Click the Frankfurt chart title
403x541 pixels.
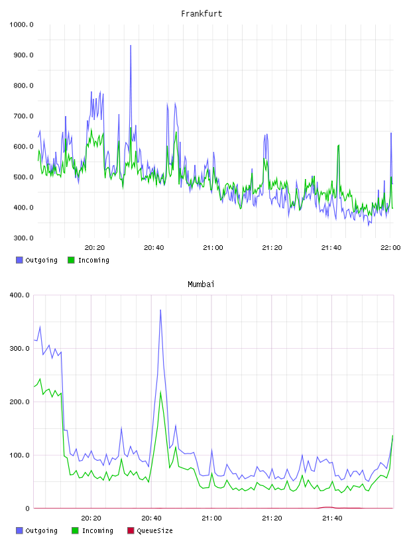pyautogui.click(x=201, y=14)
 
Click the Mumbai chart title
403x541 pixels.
pyautogui.click(x=201, y=284)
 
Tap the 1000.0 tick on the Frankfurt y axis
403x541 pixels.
pyautogui.click(x=21, y=25)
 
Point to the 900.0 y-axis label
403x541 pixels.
pyautogui.click(x=23, y=55)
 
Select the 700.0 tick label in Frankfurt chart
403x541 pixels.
pyautogui.click(x=23, y=116)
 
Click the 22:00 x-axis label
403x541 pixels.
pyautogui.click(x=390, y=248)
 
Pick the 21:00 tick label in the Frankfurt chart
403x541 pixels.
pyautogui.click(x=213, y=248)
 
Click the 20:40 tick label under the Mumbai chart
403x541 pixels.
pyautogui.click(x=152, y=518)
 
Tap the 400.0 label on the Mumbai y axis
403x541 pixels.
pyautogui.click(x=20, y=295)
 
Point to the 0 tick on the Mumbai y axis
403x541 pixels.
pyautogui.click(x=28, y=509)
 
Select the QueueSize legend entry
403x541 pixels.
pyautogui.click(x=150, y=530)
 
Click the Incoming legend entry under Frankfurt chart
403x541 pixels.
pyautogui.click(x=88, y=260)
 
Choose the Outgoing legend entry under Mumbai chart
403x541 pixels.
pyautogui.click(x=36, y=530)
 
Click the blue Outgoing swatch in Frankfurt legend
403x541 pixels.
pyautogui.click(x=19, y=260)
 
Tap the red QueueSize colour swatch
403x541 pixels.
pyautogui.click(x=131, y=530)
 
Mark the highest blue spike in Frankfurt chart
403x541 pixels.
pyautogui.click(x=131, y=45)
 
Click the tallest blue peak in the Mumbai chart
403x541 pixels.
pyautogui.click(x=160, y=310)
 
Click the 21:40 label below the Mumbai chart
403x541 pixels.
pyautogui.click(x=332, y=518)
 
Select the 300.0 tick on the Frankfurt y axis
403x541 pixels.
pyautogui.click(x=23, y=238)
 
